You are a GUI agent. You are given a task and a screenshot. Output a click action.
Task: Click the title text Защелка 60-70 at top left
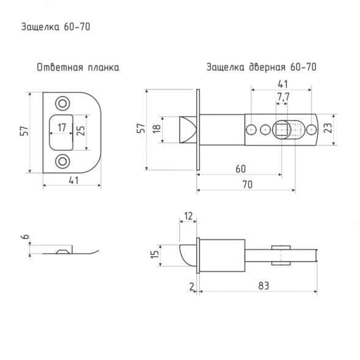click(56, 27)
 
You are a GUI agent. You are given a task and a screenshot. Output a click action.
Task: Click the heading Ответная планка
click(78, 67)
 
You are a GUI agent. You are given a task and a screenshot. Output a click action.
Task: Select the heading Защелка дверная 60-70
click(262, 67)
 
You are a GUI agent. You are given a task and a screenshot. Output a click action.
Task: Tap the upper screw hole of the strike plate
click(62, 103)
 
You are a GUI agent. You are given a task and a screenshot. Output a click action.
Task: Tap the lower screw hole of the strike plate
click(62, 161)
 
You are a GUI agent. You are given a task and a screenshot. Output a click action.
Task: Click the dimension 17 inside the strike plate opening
click(62, 127)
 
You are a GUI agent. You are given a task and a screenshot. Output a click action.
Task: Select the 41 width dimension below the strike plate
click(74, 180)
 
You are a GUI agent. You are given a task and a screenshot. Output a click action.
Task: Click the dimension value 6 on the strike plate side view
click(26, 237)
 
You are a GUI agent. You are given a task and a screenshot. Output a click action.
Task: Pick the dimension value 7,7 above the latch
click(284, 97)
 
